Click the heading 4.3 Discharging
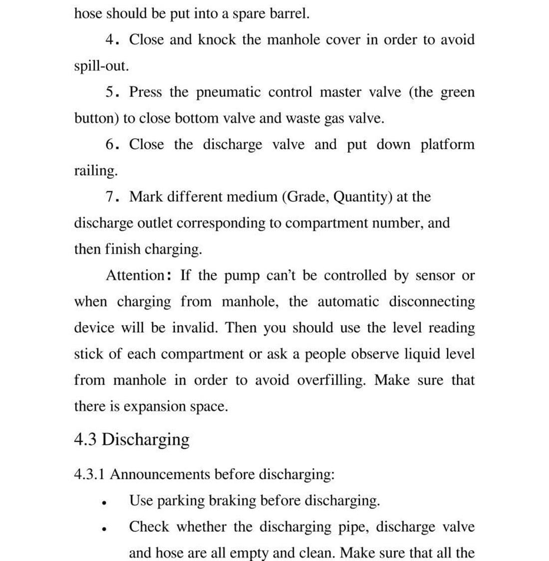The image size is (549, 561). tap(132, 440)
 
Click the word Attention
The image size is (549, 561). tap(135, 276)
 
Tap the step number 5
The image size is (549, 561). tap(111, 92)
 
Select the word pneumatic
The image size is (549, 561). tap(229, 93)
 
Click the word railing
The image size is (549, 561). tap(95, 171)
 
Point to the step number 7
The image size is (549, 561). tap(111, 197)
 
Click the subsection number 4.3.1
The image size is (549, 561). tap(89, 474)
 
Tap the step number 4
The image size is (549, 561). tap(111, 40)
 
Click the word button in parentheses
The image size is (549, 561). tap(95, 119)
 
